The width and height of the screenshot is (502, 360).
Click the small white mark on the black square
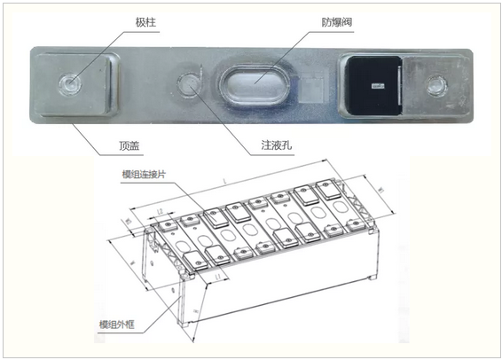(x=377, y=86)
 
